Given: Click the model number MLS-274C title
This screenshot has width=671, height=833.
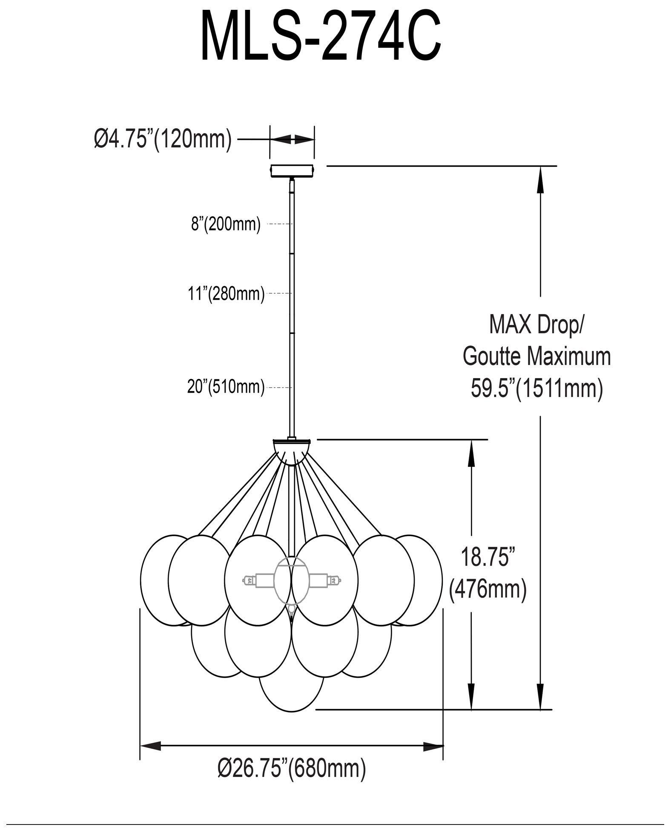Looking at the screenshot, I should (320, 38).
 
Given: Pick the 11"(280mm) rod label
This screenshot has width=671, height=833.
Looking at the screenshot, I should (226, 294).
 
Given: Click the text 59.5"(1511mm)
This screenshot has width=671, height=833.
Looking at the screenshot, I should (536, 388).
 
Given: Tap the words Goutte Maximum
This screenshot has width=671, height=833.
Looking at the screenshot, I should (536, 356).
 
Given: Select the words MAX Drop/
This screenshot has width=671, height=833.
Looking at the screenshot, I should (536, 325).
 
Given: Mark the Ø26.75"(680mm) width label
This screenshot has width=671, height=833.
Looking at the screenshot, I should (292, 780).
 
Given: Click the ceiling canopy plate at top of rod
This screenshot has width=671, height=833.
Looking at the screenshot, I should (292, 170).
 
